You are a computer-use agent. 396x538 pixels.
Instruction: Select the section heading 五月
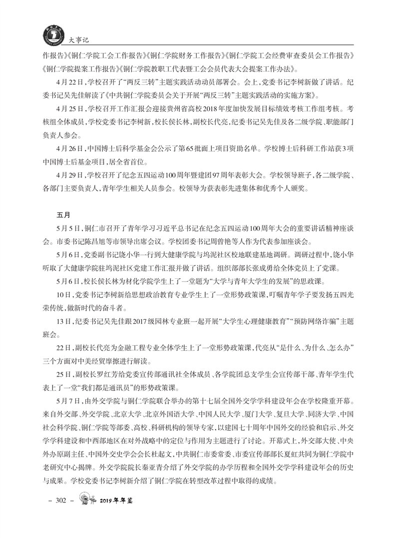coord(63,214)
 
